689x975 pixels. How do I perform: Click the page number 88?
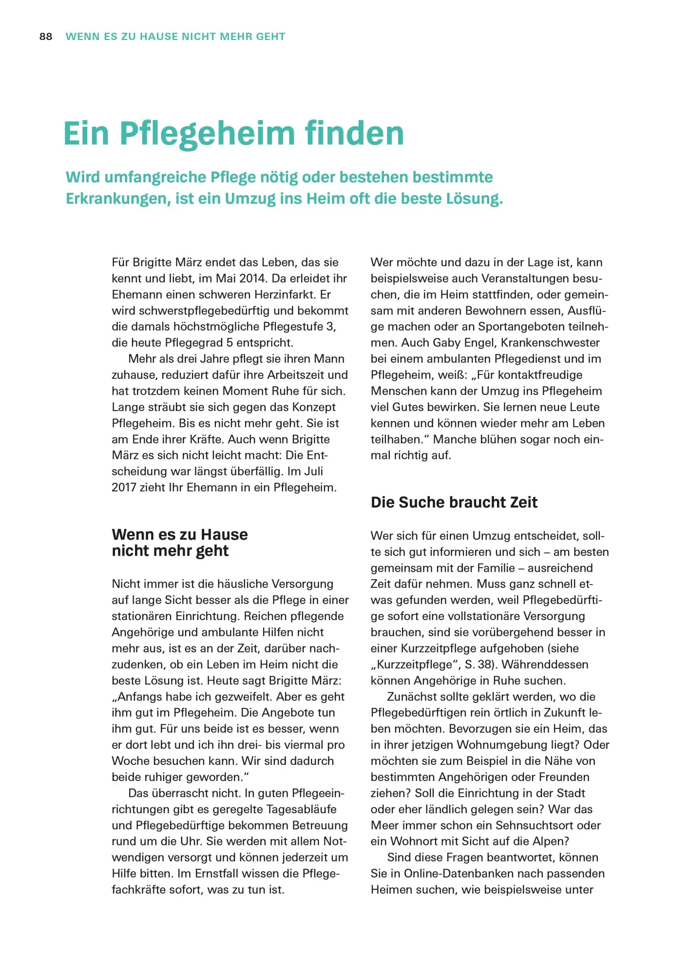click(x=46, y=37)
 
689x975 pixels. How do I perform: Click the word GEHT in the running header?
click(x=270, y=37)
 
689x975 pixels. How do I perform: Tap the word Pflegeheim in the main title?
click(x=208, y=134)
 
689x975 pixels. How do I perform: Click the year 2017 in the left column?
click(x=124, y=487)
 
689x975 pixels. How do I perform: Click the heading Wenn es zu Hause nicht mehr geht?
click(x=179, y=543)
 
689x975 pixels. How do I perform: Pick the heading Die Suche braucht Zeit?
click(x=454, y=502)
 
